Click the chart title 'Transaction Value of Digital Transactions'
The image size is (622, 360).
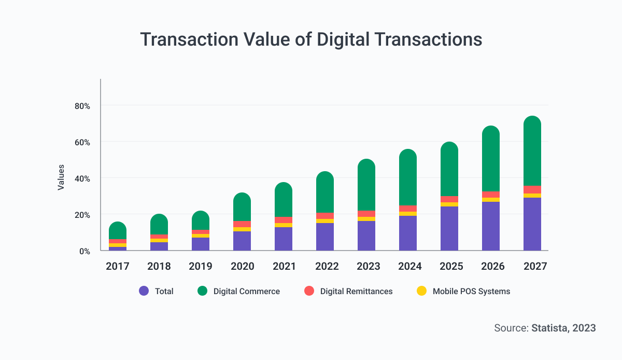(311, 40)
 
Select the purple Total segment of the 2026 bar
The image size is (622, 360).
(491, 226)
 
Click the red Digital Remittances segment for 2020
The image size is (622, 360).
(242, 224)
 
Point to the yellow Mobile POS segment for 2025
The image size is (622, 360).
(449, 204)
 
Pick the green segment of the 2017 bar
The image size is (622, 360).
(118, 231)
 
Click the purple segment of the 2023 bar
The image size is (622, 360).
(366, 236)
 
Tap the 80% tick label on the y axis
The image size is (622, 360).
(82, 106)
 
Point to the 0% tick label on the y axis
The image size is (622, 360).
(84, 251)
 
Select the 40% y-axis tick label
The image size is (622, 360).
(82, 178)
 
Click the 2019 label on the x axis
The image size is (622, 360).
(201, 266)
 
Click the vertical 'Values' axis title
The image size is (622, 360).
(61, 177)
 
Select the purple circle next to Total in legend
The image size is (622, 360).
(144, 291)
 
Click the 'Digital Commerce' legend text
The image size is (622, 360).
(246, 292)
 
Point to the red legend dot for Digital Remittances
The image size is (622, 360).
(309, 291)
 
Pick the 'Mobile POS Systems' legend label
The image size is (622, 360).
(471, 292)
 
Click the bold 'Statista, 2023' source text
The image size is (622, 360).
(563, 328)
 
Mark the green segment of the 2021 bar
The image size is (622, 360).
(284, 200)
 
